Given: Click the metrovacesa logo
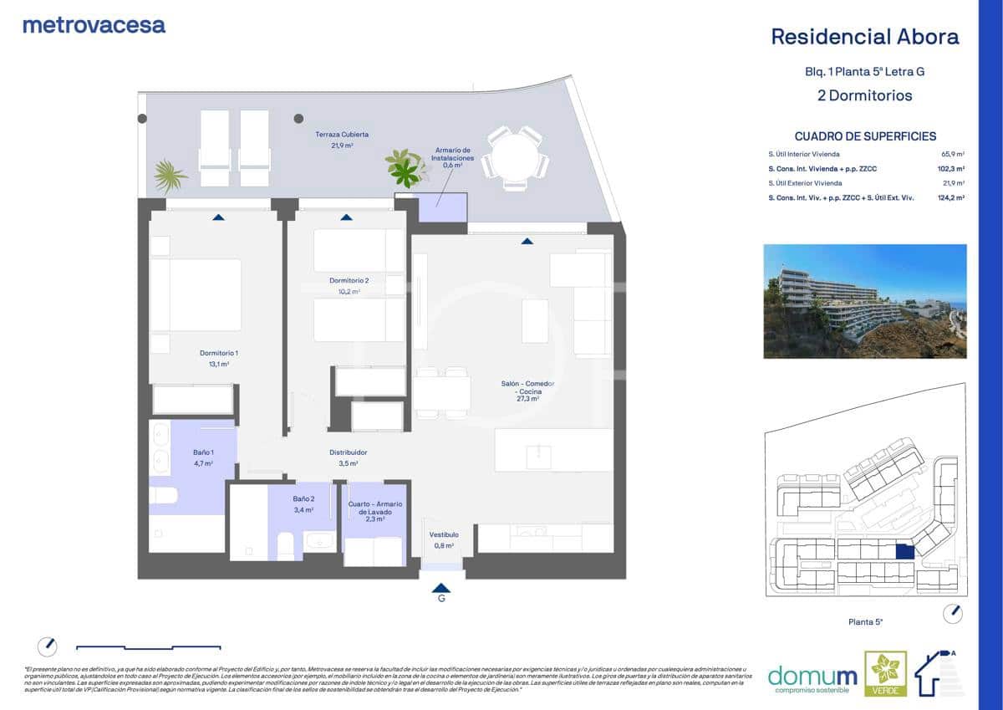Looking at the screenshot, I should (94, 25).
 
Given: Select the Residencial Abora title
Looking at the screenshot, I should (864, 37).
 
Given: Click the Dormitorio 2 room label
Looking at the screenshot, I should (349, 280).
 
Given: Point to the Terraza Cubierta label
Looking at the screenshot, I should (342, 134).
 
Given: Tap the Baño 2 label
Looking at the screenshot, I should (303, 499).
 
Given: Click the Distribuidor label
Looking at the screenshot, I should (349, 452).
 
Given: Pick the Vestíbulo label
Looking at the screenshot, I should (443, 535).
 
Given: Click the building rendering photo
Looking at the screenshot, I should (864, 301).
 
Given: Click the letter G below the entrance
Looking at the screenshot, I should (441, 599).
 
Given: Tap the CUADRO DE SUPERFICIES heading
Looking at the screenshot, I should (865, 136).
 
